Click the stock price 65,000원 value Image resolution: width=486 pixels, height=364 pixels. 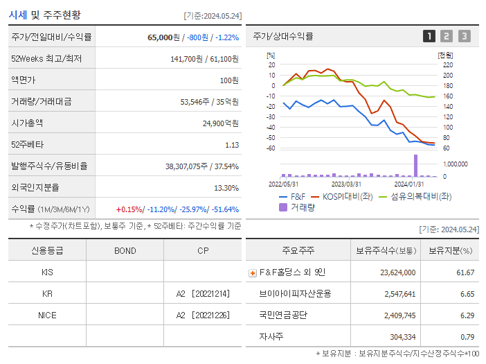(164, 37)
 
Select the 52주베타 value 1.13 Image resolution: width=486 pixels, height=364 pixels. (231, 144)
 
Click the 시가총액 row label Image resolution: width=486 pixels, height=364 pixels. (27, 123)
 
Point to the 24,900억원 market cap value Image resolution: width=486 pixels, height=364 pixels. (220, 123)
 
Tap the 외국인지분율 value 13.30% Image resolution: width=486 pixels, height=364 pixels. (226, 187)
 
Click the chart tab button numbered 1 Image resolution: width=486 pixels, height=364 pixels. (429, 36)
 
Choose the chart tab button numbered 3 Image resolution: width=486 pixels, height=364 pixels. (464, 36)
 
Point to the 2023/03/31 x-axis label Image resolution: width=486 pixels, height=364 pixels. (346, 184)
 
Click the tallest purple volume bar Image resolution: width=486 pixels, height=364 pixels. (416, 165)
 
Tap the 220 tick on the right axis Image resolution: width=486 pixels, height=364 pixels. (447, 64)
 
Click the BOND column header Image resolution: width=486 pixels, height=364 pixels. (125, 250)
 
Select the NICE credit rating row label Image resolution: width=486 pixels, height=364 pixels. (47, 315)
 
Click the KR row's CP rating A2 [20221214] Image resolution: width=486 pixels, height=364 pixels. (202, 293)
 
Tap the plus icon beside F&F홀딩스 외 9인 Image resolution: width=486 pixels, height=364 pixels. (252, 272)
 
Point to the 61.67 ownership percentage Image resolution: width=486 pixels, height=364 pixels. (465, 272)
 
